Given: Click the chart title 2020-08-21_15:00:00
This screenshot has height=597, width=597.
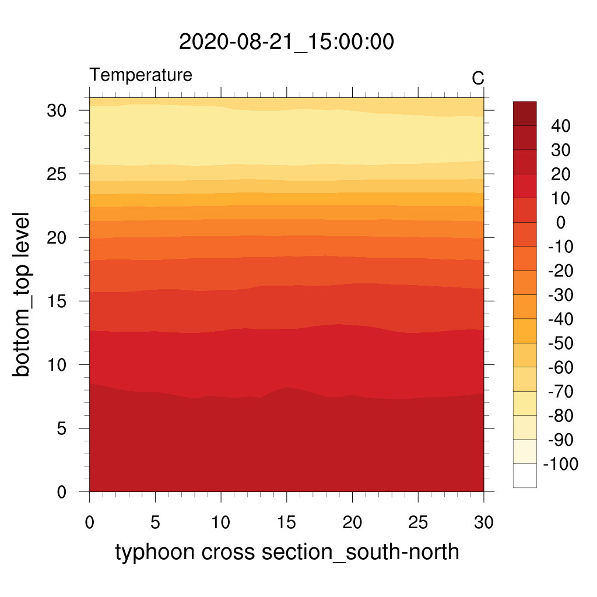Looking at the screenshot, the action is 286,41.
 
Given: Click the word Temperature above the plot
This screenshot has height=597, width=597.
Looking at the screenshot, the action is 141,75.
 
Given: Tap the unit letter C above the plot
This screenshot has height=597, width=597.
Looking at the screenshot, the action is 478,79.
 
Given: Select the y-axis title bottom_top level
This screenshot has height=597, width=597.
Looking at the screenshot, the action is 21,294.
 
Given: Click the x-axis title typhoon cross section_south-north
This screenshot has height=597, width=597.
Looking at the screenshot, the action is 287,552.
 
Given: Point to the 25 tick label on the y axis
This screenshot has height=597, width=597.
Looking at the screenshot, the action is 57,174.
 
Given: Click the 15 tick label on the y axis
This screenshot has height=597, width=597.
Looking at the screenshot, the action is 57,301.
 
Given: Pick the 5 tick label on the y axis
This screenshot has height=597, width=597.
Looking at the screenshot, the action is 61,429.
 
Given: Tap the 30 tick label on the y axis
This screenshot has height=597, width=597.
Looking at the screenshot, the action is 57,110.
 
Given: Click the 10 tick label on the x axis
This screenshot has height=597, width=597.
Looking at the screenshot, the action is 221,522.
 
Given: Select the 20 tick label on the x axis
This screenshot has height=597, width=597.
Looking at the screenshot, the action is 352,522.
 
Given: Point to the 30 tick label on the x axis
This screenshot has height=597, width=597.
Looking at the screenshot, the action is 483,522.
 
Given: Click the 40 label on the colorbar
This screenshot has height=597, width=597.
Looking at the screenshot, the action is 561,126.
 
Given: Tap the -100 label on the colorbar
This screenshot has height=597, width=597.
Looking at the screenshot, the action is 561,463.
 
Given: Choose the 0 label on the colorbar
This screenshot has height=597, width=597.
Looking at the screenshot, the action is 561,222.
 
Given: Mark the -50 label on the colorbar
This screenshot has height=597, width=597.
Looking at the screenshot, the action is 561,343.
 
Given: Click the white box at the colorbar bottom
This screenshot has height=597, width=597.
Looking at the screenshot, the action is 525,476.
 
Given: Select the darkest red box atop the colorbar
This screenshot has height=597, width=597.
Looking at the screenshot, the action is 525,114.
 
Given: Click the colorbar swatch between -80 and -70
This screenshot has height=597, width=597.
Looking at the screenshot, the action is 525,403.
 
